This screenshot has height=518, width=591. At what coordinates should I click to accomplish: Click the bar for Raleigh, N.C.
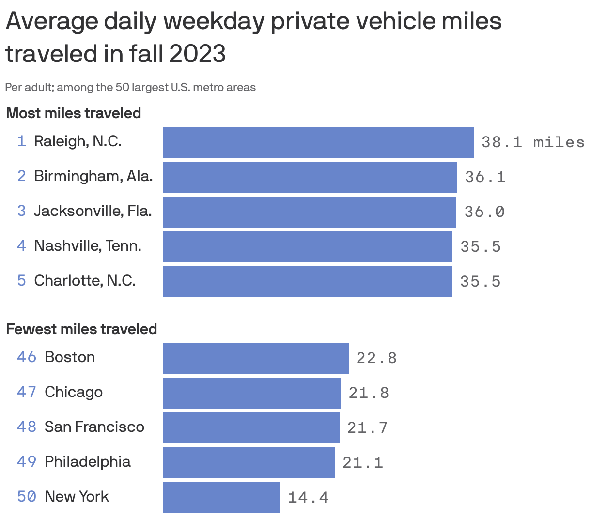(x=318, y=142)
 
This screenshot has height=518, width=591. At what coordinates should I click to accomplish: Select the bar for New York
(x=221, y=497)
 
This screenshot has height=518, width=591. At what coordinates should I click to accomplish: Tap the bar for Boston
(x=255, y=358)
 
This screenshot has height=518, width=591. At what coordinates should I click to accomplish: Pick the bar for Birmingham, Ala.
(x=310, y=177)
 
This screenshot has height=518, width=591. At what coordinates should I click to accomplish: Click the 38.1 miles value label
(x=532, y=142)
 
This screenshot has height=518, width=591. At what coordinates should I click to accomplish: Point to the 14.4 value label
(x=308, y=498)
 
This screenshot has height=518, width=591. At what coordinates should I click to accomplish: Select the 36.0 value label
(x=484, y=212)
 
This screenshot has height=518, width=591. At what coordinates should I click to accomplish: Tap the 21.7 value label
(x=367, y=428)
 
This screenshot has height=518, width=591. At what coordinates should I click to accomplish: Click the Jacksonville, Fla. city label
(x=93, y=211)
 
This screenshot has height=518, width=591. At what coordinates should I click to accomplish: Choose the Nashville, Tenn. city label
(x=88, y=246)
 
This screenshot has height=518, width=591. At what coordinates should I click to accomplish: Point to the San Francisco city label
(x=94, y=427)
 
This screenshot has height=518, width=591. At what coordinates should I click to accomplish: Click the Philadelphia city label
(x=88, y=462)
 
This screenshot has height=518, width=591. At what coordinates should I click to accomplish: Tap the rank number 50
(x=27, y=497)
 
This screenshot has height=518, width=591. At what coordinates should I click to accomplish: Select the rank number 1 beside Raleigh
(x=21, y=141)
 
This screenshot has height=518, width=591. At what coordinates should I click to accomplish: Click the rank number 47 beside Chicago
(x=27, y=392)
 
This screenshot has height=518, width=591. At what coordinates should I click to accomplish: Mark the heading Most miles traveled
(x=74, y=113)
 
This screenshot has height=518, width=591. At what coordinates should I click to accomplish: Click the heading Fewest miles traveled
(x=81, y=329)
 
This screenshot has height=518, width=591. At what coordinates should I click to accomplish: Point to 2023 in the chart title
(x=197, y=53)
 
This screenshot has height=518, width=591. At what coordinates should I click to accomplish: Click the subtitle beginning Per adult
(x=130, y=88)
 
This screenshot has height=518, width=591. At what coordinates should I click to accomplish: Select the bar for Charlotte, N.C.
(x=307, y=282)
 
